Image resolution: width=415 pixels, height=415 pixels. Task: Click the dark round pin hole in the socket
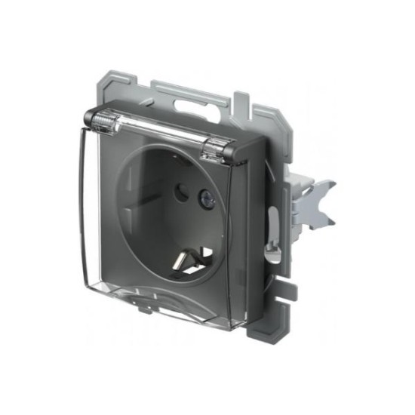coord(180,192)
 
